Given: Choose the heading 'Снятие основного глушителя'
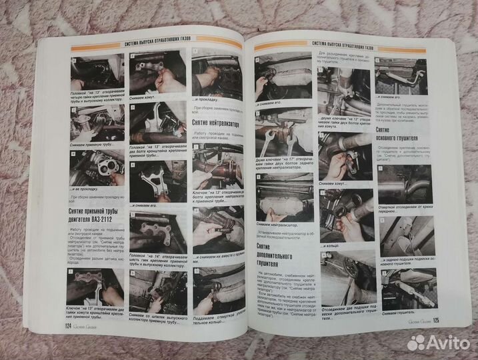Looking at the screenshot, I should [395, 137].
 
